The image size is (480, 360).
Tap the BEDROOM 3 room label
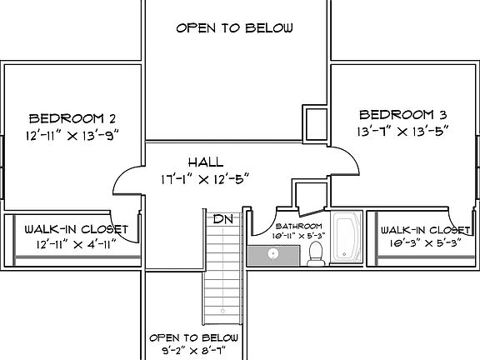click(x=402, y=114)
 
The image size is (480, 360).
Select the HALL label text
click(x=205, y=162)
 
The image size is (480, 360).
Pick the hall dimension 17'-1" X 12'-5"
click(x=205, y=177)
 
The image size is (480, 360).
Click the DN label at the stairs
click(x=222, y=219)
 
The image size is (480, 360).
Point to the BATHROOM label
click(x=299, y=226)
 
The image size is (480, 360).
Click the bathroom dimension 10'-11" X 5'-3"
click(x=299, y=236)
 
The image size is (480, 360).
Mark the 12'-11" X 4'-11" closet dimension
click(x=75, y=244)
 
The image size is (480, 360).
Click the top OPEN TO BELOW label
click(x=234, y=28)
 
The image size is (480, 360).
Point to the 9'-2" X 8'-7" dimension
click(x=194, y=351)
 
